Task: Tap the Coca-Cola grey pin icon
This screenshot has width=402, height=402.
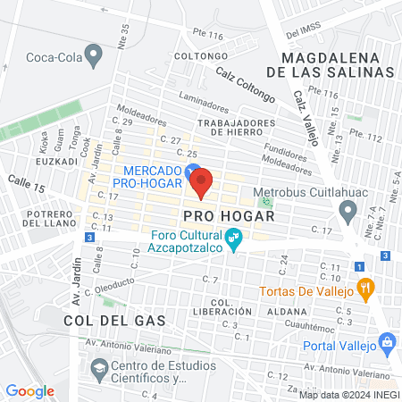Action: coord(98,54)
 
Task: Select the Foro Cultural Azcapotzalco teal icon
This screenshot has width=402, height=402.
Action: coord(235,239)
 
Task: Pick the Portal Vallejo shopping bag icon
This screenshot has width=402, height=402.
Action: coord(387,340)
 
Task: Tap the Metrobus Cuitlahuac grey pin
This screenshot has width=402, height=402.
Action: coord(348,212)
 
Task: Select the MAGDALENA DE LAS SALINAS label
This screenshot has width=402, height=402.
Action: coord(335,63)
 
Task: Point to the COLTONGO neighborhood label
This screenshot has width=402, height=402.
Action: coord(197,55)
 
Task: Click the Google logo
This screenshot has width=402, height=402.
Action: coord(30,390)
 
